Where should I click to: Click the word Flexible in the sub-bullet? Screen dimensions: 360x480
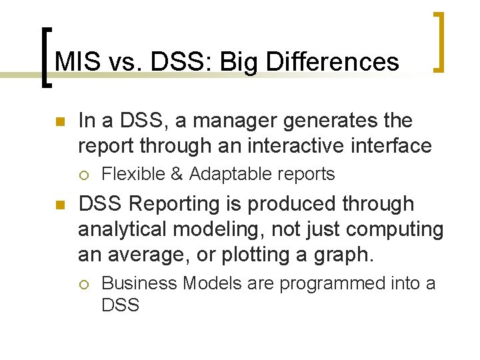133,174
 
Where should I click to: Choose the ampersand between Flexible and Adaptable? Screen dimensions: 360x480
177,174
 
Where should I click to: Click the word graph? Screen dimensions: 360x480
345,255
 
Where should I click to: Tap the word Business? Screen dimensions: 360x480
139,283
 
